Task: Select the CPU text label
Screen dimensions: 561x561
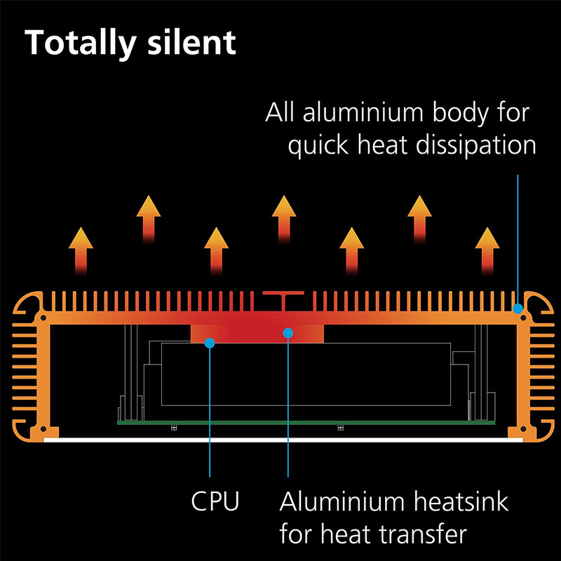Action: pyautogui.click(x=215, y=501)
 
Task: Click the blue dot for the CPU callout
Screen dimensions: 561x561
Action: pyautogui.click(x=209, y=342)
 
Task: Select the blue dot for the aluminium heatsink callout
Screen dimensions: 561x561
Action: pyautogui.click(x=288, y=333)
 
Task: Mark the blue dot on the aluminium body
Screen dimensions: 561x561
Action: pyautogui.click(x=518, y=308)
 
